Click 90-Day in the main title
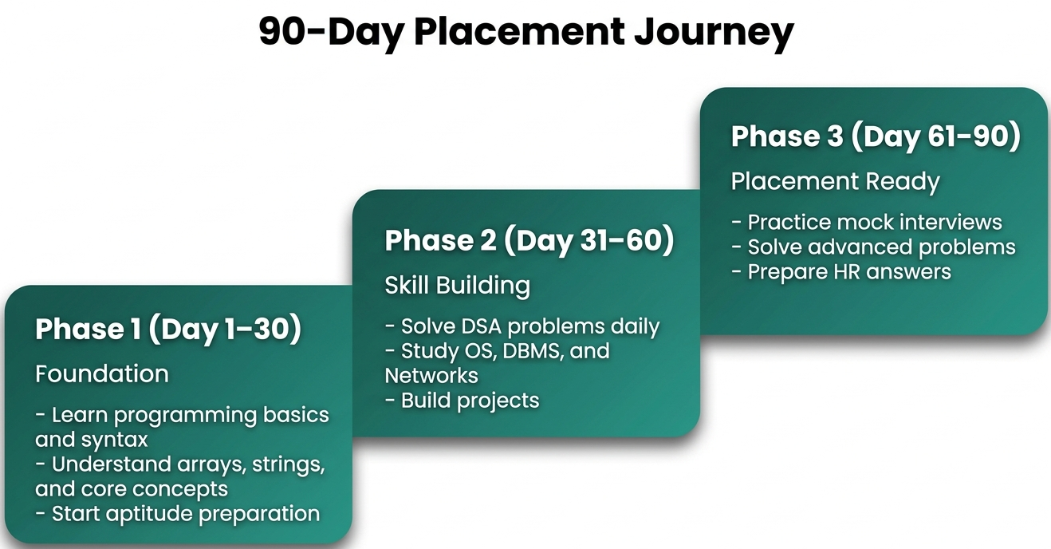330,32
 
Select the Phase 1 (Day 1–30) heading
168,330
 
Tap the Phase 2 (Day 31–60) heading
529,241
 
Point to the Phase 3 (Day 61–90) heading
876,136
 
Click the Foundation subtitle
102,373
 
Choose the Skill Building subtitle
457,285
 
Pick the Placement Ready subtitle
835,181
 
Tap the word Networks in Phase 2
431,375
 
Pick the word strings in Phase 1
288,464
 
